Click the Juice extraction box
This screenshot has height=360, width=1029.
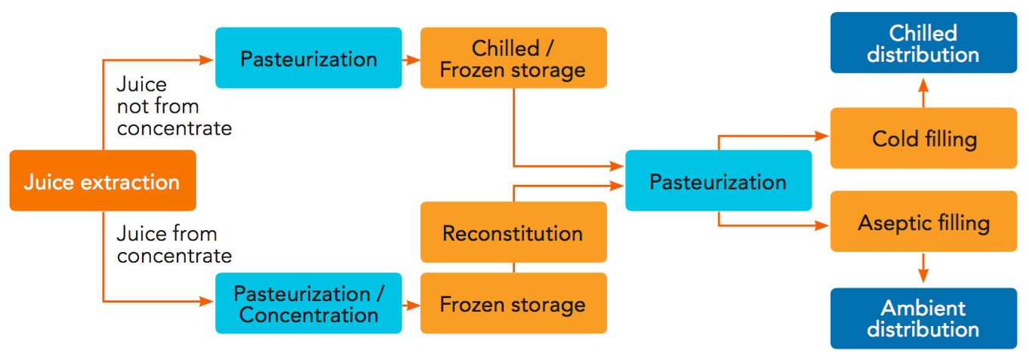pos(103,180)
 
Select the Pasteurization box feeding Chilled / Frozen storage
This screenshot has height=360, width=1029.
pos(308,58)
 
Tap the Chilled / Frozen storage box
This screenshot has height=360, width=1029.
pos(513,58)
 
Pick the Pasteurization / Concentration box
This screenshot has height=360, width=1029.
pos(308,303)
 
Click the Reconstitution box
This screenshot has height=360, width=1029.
pos(513,232)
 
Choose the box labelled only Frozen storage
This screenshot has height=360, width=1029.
pos(513,303)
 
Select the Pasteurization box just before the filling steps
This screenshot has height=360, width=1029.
pos(718,181)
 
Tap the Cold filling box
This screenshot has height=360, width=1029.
pos(923,138)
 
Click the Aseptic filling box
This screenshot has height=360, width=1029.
pos(923,223)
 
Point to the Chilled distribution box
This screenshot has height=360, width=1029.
pos(923,44)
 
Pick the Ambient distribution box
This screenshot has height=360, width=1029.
pos(923,318)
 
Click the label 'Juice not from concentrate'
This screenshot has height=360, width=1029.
pos(174,106)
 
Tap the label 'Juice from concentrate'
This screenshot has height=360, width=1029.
pos(174,245)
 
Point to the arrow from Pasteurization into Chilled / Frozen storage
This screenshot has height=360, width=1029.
pos(411,58)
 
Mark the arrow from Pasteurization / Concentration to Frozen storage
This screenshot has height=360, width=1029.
pos(411,304)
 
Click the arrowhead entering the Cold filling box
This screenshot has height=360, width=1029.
pos(824,137)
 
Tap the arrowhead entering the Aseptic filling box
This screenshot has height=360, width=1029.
pos(824,224)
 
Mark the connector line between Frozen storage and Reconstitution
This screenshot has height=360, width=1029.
pos(513,266)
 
